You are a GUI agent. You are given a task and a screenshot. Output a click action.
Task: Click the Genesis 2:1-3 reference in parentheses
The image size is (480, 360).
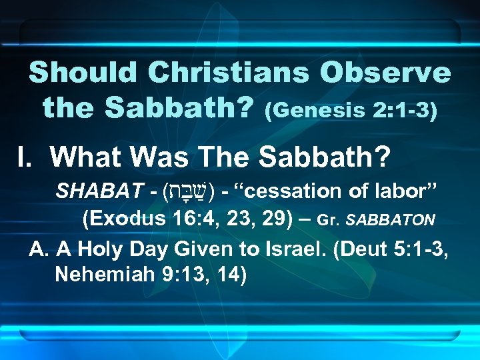(351, 110)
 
